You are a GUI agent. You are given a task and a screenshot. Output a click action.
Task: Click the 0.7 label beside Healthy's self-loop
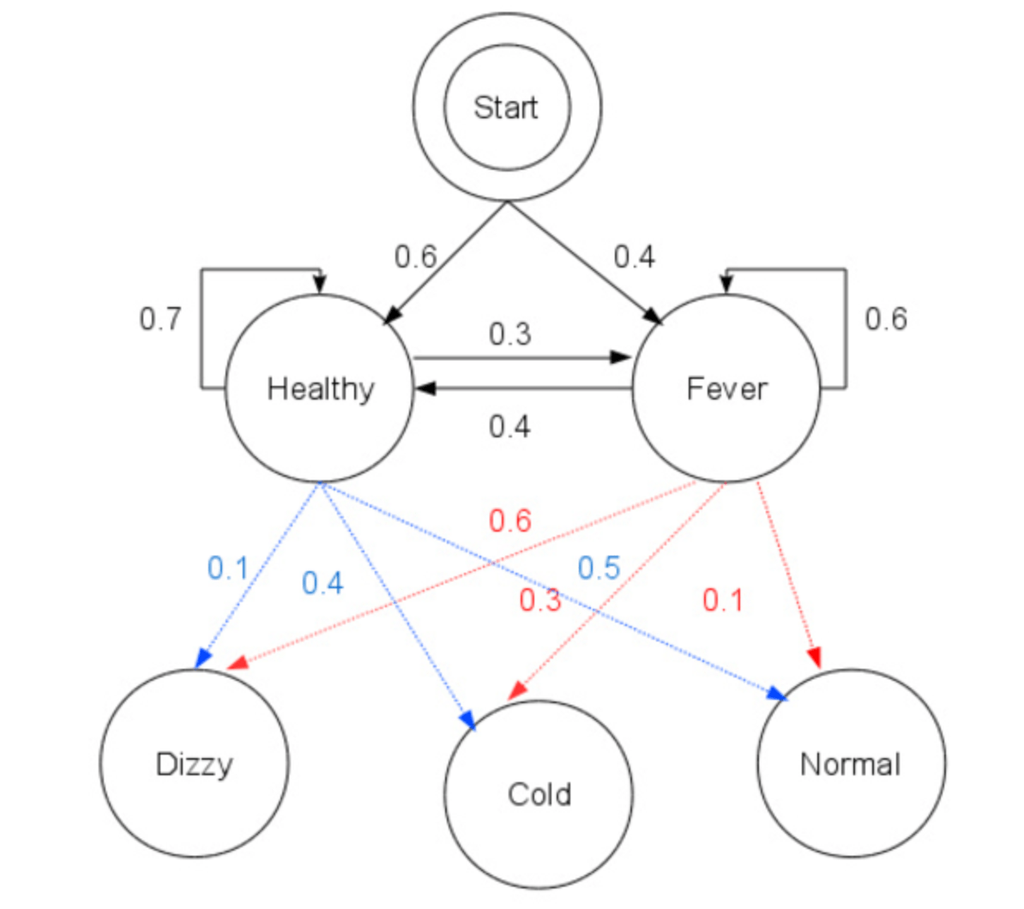coord(160,319)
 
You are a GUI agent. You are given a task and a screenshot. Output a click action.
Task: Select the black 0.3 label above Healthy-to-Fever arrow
coord(510,334)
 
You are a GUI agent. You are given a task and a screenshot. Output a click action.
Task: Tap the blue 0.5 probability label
coord(599,568)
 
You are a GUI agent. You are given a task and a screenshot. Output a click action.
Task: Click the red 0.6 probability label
coord(510,521)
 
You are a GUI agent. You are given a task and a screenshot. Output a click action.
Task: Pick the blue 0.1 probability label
coord(228,568)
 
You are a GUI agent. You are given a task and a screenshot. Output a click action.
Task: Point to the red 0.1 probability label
coord(722,599)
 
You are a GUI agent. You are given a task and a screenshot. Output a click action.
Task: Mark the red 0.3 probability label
coord(540,599)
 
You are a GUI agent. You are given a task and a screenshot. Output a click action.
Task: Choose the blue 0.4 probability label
coord(322,583)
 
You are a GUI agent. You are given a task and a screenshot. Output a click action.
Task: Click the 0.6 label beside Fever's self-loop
coord(886,319)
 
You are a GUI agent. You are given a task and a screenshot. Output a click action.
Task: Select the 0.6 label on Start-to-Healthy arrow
coord(415,256)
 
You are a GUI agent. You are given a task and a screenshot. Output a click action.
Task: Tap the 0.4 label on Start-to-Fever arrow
coord(634,256)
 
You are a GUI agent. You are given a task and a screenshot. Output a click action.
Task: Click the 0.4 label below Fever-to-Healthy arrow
coord(509,426)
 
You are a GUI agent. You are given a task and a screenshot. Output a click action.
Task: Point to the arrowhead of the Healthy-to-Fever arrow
coord(620,358)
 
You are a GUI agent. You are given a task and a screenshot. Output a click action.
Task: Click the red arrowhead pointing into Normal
coord(815,657)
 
